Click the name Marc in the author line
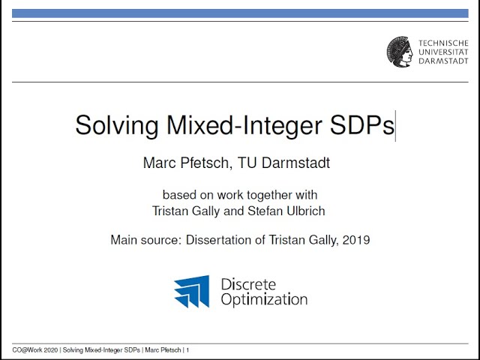tap(160, 163)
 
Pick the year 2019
tap(355, 241)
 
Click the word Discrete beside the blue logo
tap(248, 284)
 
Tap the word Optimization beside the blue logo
tap(263, 299)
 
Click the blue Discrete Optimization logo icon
tap(192, 292)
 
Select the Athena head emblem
tap(400, 50)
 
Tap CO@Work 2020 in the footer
tap(35, 350)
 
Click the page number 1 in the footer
tap(187, 350)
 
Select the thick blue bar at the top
tap(240, 13)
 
